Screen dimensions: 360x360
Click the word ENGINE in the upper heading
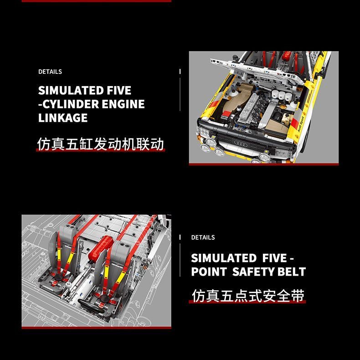pos(123,104)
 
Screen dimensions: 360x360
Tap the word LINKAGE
pos(63,118)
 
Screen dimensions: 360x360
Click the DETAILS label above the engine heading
pos(50,72)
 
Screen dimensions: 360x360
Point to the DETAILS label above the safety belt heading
pos(203,237)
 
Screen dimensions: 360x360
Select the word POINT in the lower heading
pos(209,272)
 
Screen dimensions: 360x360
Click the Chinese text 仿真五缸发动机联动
pos(101,144)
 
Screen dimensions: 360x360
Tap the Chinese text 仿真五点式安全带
pos(248,296)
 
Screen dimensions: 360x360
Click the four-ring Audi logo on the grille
pos(241,144)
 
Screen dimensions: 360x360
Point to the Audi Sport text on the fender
pos(301,124)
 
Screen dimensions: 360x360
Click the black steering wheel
pos(93,307)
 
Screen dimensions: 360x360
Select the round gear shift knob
pos(68,285)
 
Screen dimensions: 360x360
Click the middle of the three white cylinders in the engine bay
pos(282,95)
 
